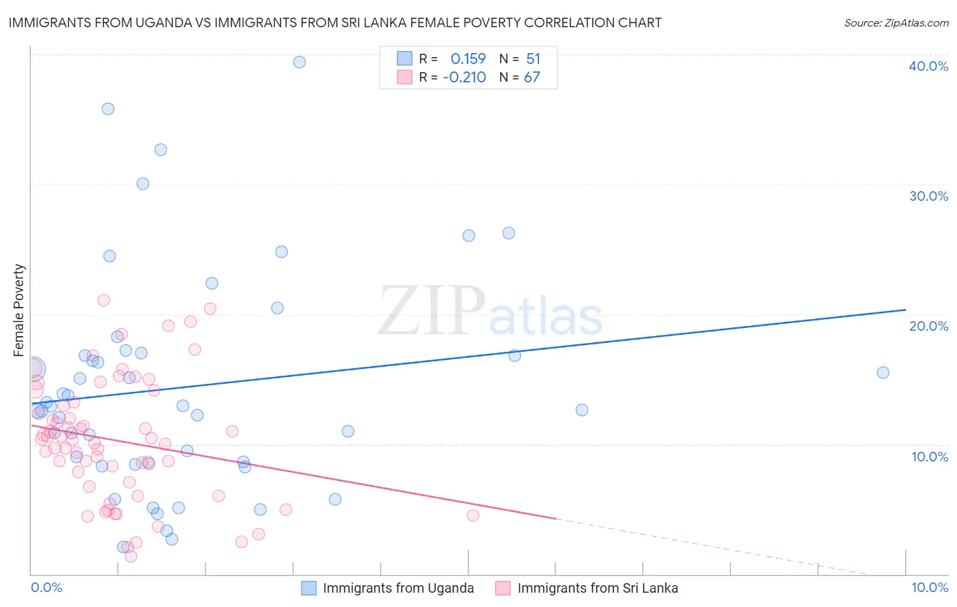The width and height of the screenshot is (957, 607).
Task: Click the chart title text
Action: (x=335, y=22)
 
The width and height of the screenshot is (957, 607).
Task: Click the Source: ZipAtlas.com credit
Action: (x=896, y=22)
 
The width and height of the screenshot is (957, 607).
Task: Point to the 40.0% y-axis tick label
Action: (x=928, y=66)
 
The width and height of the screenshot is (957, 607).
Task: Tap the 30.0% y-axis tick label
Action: (x=928, y=196)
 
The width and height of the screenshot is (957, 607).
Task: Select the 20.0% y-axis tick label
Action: (x=928, y=326)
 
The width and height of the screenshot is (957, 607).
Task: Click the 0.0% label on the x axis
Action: (x=46, y=587)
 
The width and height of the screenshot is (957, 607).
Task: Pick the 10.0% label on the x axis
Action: (x=929, y=587)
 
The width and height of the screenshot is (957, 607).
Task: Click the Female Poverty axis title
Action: (x=18, y=310)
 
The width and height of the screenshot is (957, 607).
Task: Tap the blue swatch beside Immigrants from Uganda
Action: (x=309, y=588)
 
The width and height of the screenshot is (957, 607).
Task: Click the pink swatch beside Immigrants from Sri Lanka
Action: (x=503, y=588)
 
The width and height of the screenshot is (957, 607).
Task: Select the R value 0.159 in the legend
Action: (x=468, y=59)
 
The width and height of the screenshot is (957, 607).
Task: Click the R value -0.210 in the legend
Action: (x=464, y=77)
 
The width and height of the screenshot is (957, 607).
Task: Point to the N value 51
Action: (x=533, y=59)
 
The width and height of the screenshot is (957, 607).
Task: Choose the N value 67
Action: (x=532, y=77)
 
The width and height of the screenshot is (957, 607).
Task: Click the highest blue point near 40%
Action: (x=299, y=62)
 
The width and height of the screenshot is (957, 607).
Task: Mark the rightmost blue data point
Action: (x=883, y=372)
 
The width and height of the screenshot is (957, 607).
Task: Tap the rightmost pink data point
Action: (x=473, y=515)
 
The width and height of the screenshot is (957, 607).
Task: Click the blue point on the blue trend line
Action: (x=515, y=355)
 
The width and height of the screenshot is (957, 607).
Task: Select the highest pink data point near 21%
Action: (x=103, y=300)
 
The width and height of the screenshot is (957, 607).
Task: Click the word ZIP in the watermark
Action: (x=432, y=312)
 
